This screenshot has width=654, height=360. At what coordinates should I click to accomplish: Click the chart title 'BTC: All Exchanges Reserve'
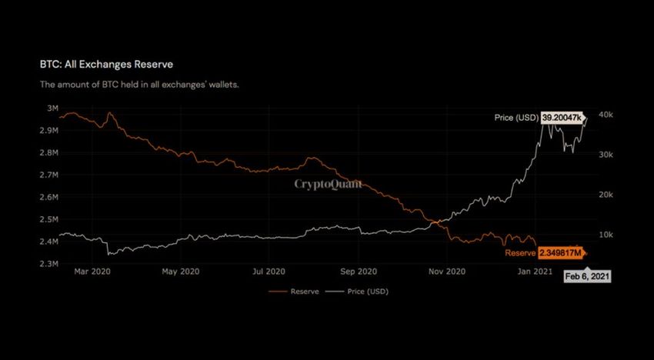(112, 64)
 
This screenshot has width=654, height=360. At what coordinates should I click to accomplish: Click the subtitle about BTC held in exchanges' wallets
(139, 84)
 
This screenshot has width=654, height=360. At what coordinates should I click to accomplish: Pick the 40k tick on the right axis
(605, 115)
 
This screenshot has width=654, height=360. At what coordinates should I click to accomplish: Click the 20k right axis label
(605, 195)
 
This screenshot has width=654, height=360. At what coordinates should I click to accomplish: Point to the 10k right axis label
(605, 235)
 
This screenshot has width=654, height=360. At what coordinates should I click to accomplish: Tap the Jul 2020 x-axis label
(269, 272)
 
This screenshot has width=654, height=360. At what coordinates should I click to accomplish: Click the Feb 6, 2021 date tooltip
(588, 276)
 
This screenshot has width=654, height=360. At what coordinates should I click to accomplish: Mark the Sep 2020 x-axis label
(358, 272)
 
